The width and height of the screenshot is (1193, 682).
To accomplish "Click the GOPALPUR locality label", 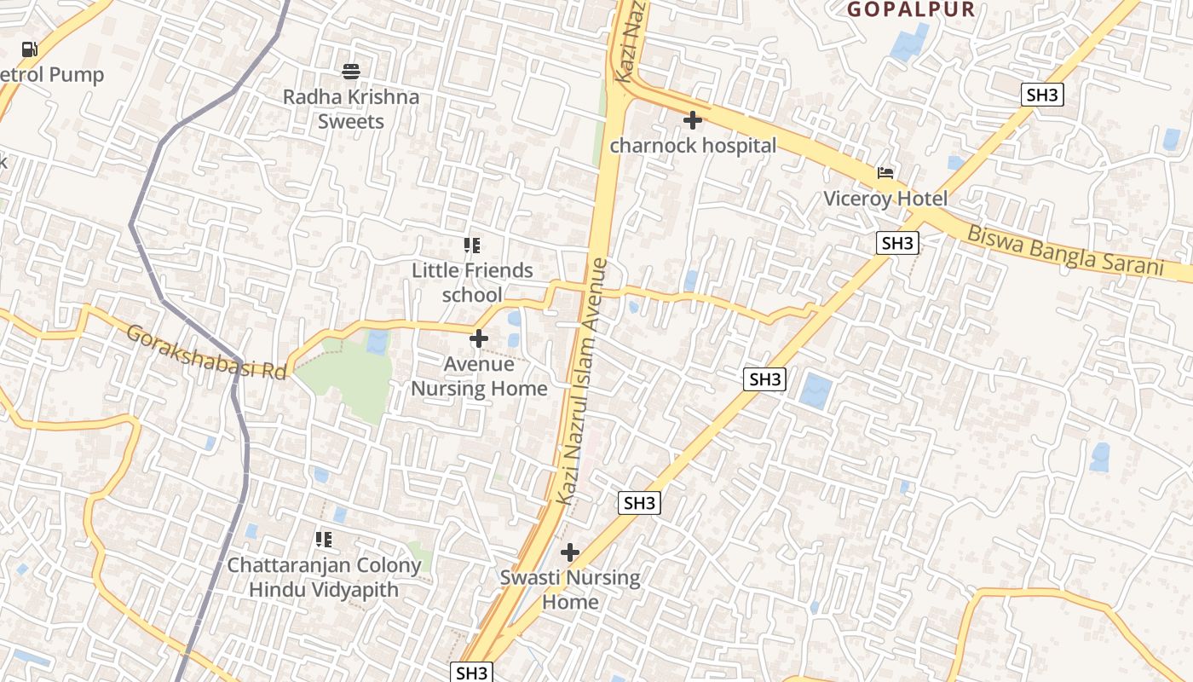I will [x=911, y=9].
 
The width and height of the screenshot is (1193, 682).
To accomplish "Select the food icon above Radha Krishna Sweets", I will [x=351, y=70].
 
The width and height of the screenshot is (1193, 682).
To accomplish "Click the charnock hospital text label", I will [x=693, y=146].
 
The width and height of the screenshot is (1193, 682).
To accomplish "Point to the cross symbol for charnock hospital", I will [x=693, y=120].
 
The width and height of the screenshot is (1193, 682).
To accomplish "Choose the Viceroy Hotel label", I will [x=885, y=199].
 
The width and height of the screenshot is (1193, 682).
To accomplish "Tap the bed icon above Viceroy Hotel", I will [x=886, y=173].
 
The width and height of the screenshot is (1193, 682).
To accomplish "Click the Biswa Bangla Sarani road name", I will [x=1065, y=249].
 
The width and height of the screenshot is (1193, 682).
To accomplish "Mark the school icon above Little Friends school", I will [x=472, y=246].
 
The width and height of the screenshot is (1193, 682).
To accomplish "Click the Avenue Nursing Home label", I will [x=479, y=376].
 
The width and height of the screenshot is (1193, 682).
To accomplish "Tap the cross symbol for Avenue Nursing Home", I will [x=479, y=338].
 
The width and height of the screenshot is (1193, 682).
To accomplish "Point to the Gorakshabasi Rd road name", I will [x=205, y=352].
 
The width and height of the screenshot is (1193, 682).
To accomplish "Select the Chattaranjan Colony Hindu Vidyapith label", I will [x=324, y=577].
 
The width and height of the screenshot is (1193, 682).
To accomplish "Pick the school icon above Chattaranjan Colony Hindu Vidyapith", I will [x=324, y=539].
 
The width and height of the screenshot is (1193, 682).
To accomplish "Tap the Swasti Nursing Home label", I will [x=570, y=589].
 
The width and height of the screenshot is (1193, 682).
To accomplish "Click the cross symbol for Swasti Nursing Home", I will [x=570, y=552].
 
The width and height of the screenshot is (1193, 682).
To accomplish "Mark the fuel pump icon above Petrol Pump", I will [x=30, y=49].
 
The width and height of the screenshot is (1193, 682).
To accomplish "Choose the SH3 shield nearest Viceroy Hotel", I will [x=897, y=243].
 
